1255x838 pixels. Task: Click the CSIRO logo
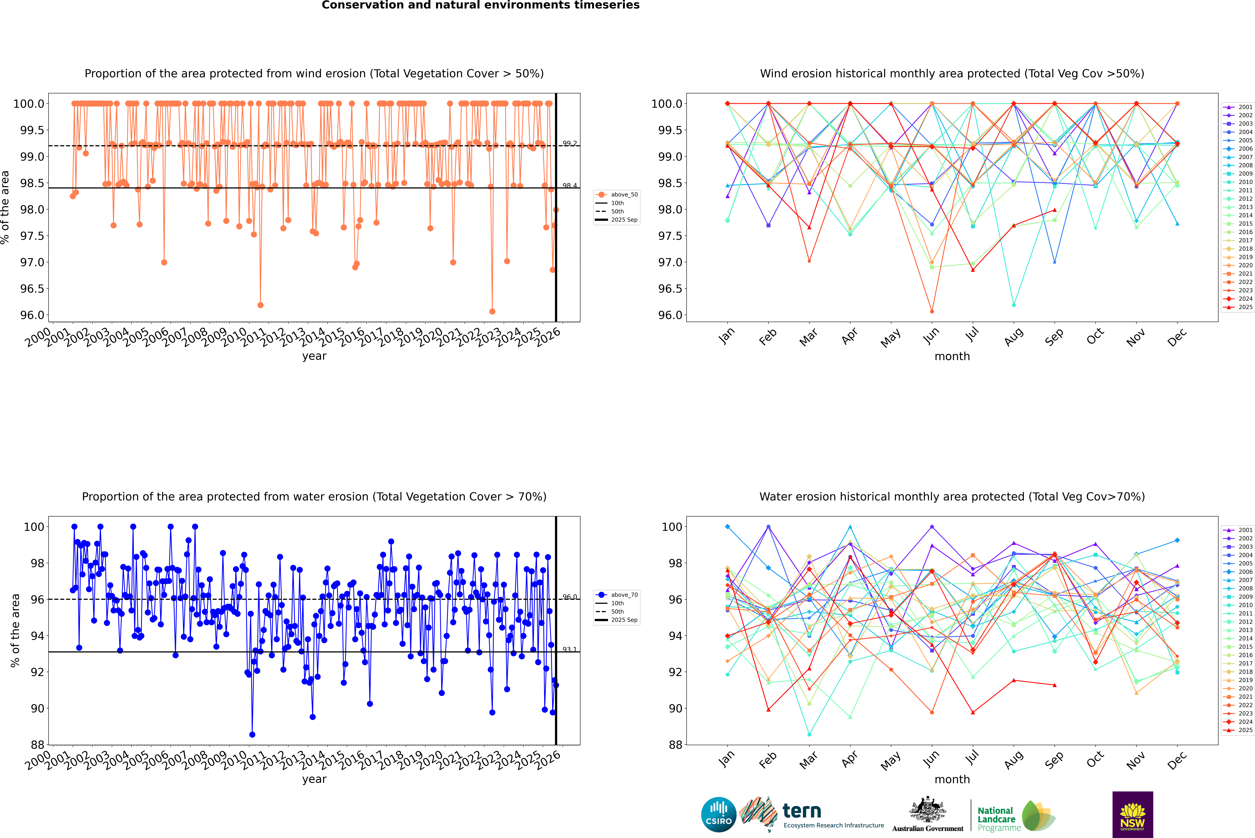point(719,815)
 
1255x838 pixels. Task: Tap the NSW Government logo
point(1132,815)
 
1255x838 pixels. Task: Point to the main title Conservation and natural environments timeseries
point(480,5)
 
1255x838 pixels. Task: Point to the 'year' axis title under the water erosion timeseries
point(314,779)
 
